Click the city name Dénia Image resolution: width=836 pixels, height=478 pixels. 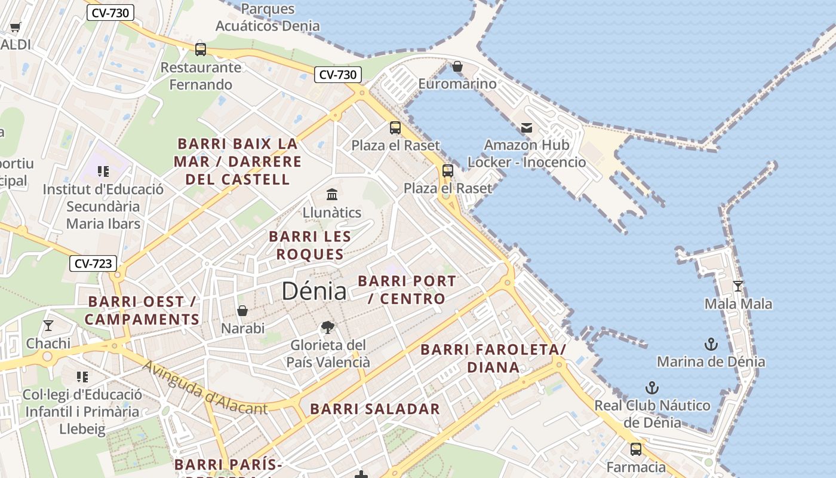(314, 291)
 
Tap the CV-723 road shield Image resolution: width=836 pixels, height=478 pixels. (93, 263)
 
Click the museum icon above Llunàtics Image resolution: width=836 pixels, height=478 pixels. (332, 194)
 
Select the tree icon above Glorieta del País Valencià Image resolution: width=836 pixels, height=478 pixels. (327, 327)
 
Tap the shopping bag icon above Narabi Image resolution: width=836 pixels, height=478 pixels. (242, 311)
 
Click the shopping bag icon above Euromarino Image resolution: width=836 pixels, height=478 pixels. (457, 66)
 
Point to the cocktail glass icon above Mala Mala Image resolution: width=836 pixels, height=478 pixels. (738, 286)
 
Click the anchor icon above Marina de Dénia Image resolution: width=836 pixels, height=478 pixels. (711, 344)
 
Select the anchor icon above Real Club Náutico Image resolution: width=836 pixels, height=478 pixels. (652, 388)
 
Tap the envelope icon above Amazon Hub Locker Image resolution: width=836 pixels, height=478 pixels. (526, 127)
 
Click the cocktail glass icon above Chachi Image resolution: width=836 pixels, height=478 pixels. (48, 326)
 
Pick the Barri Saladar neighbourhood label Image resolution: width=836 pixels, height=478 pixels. (375, 409)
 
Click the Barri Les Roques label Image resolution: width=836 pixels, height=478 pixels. (309, 245)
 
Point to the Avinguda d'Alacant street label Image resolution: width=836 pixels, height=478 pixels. (205, 388)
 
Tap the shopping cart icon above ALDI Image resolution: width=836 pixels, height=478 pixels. (16, 27)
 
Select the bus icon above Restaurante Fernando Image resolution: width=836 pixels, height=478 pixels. (201, 49)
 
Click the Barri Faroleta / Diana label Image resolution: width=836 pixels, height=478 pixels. (493, 358)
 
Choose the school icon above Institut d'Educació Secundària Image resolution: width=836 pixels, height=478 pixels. (103, 171)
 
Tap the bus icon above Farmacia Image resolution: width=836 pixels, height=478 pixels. (636, 449)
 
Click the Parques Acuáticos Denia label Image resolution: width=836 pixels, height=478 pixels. (268, 17)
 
